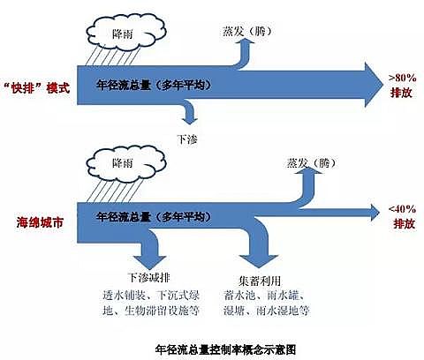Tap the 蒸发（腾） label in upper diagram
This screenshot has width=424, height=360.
232,29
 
